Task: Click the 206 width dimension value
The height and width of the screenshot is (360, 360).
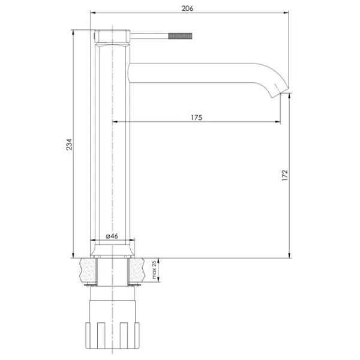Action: coord(187,8)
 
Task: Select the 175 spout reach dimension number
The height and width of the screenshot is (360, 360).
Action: coord(197,118)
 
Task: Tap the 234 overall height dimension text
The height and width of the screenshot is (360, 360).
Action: coord(69,145)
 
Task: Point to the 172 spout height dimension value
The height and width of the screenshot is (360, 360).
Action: coord(284,175)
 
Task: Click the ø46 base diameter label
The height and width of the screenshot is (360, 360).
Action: coord(112,236)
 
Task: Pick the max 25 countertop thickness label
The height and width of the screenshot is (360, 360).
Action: coord(154,270)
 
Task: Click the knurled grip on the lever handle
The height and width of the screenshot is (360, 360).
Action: coord(180,36)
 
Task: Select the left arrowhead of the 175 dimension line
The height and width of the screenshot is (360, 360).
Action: coord(115,122)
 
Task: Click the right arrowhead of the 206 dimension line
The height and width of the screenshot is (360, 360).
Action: coord(286,13)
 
